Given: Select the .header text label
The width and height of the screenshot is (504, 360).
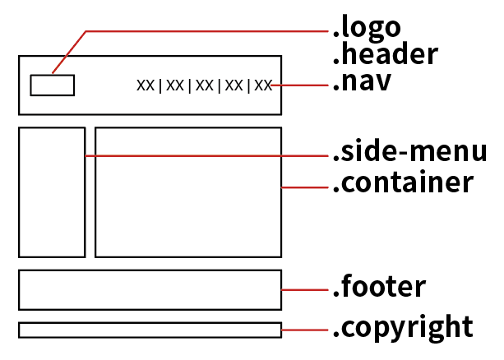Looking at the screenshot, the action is [385, 55].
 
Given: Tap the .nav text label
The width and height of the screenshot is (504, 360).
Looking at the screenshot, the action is [362, 82].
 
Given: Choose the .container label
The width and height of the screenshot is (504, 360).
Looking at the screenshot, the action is [403, 182].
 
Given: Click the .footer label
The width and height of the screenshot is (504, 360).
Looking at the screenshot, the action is [379, 288].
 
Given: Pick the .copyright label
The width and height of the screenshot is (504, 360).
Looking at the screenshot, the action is [403, 327].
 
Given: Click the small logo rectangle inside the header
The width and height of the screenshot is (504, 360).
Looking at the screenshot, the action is [53, 85].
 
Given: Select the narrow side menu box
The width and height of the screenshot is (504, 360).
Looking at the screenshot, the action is [52, 192].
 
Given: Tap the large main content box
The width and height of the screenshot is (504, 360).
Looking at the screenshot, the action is [188, 192].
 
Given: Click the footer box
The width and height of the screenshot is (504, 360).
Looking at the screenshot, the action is [150, 289].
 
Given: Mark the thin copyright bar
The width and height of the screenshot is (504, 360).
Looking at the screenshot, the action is [150, 330].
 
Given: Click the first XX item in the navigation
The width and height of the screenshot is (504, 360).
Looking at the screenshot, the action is [146, 85].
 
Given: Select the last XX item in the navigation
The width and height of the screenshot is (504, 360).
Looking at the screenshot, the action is [262, 85].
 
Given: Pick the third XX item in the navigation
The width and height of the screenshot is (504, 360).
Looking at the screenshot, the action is [204, 85].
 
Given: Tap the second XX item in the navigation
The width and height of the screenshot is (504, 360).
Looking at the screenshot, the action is [174, 85].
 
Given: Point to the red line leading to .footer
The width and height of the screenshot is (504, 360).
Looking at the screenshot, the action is [305, 289].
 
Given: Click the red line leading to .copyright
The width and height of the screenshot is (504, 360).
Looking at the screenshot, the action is [305, 330].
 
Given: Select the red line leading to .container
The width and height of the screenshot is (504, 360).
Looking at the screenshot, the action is [305, 187].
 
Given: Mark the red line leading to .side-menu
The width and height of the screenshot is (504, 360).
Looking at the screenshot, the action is [206, 155].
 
